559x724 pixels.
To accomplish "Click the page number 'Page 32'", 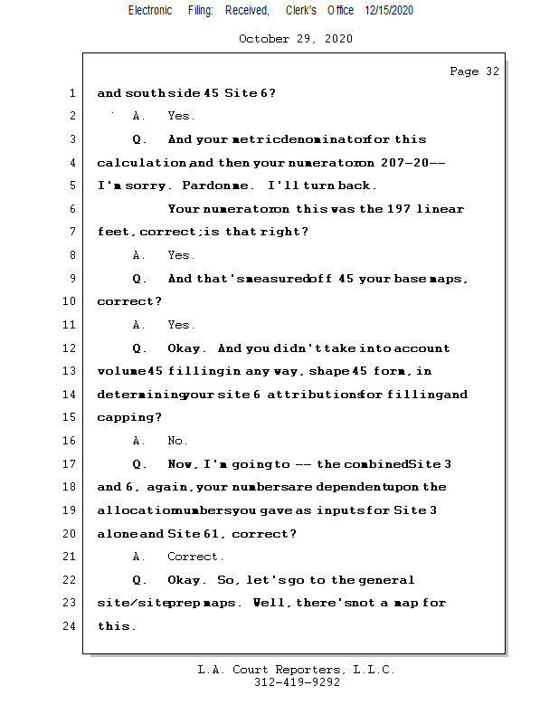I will point(474,71).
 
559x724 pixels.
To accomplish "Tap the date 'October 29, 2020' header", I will point(296,39).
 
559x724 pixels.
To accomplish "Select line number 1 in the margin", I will point(71,93).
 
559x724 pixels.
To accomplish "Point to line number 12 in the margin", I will point(69,348).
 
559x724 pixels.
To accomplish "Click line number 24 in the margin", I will point(69,626).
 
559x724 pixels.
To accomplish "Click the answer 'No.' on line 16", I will point(177,441).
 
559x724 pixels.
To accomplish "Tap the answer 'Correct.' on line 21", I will point(195,557).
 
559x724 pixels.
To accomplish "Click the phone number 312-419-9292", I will point(297,683).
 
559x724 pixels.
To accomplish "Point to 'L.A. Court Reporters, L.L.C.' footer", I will point(297,670).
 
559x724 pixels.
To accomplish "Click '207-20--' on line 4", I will point(411,163).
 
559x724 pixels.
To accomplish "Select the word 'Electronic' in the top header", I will point(150,10).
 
